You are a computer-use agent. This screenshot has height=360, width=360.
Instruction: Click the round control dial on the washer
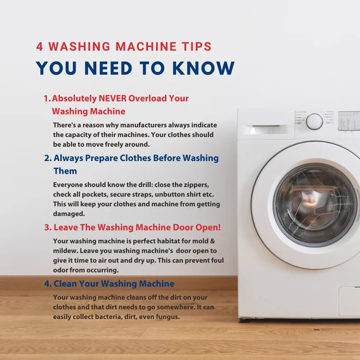(314, 121)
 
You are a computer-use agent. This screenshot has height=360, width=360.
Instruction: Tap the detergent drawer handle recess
(266, 129)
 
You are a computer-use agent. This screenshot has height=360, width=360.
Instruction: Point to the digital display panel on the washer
(349, 121)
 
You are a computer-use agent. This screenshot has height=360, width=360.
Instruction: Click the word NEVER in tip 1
(112, 98)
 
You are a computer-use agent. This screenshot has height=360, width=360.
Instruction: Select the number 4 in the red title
(40, 47)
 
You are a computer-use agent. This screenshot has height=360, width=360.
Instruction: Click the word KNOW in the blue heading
(203, 68)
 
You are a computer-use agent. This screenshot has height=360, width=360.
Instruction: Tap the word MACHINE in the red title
(146, 47)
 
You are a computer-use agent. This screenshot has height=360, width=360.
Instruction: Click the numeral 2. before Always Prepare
(48, 158)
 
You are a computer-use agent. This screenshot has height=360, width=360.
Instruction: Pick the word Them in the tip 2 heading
(65, 171)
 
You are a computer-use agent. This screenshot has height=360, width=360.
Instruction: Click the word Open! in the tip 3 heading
(208, 227)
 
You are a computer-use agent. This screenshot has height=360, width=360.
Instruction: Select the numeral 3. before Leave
(48, 228)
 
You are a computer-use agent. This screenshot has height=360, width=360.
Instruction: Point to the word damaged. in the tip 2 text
(69, 214)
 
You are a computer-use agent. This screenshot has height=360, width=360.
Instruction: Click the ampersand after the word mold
(212, 241)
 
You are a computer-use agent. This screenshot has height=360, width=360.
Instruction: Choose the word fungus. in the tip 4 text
(168, 317)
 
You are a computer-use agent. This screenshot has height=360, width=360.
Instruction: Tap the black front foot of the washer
(245, 320)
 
